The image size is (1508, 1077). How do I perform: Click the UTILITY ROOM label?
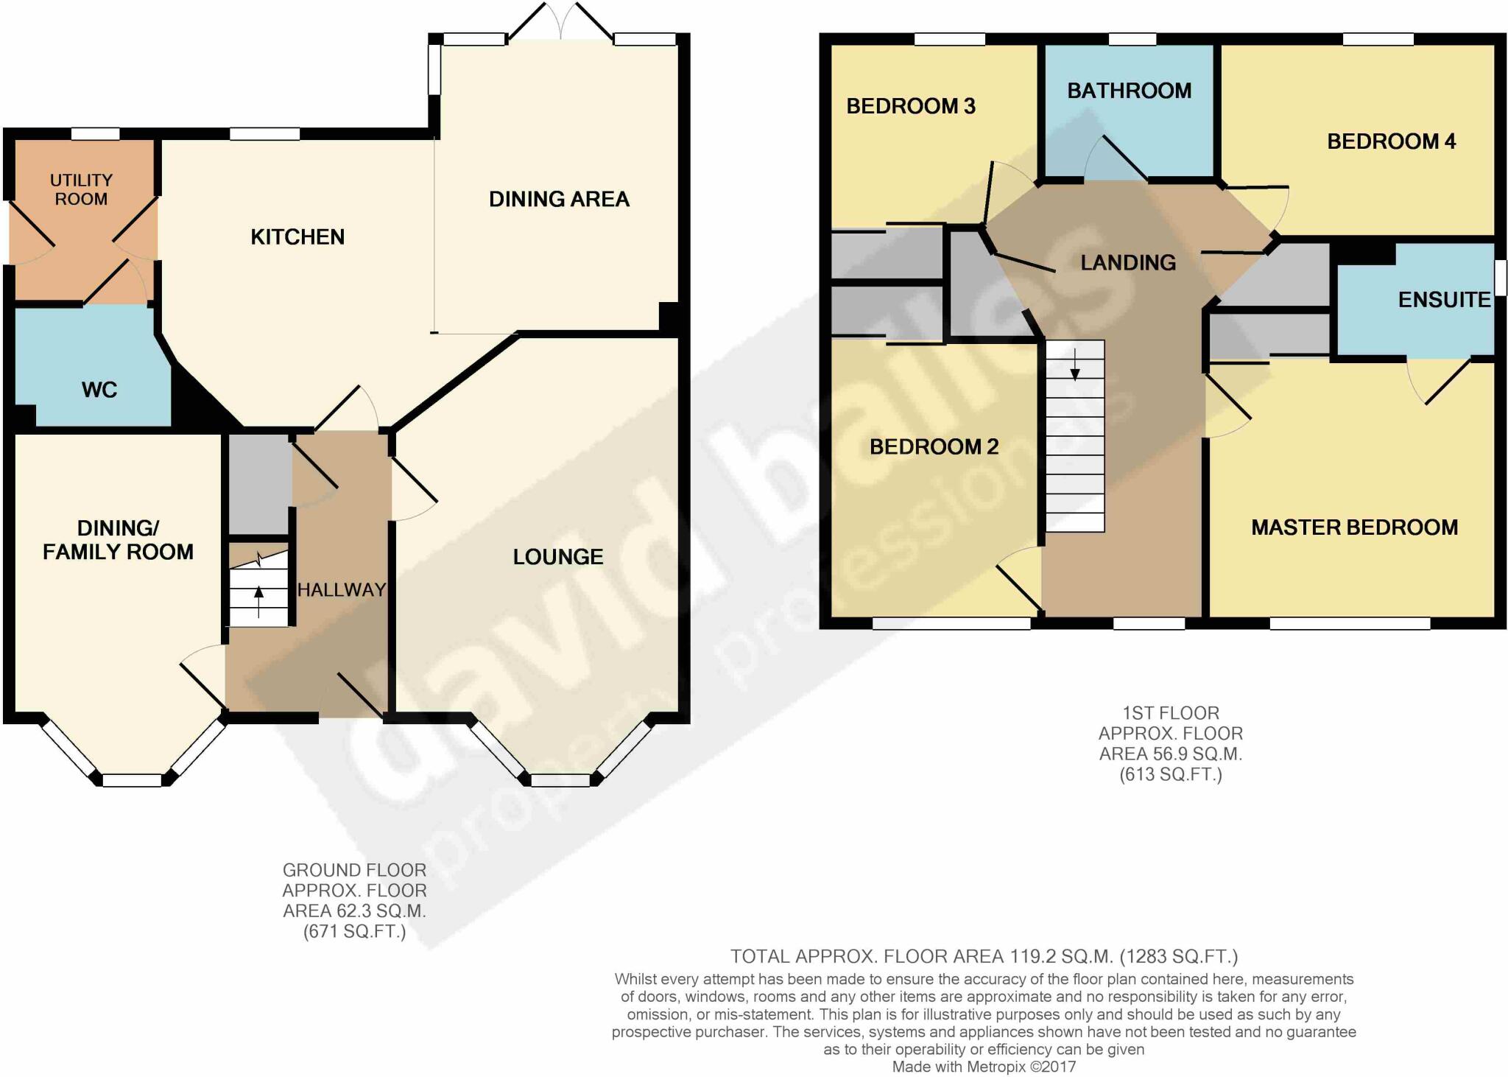pos(81,189)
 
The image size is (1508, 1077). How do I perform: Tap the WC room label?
pos(99,390)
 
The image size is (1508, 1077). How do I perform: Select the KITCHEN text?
pos(297,236)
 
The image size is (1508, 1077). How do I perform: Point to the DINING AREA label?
pos(559,199)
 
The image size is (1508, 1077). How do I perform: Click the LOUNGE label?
pos(558,557)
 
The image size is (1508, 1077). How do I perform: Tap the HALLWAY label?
pos(342,589)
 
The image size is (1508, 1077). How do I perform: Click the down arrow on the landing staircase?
pos(1075,365)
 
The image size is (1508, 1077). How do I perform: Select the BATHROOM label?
pos(1129,91)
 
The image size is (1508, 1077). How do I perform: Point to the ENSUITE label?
pos(1444,300)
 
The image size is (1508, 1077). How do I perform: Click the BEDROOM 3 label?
pos(911,106)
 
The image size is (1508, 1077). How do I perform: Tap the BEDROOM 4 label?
pos(1391,141)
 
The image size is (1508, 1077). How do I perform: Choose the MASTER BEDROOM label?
pos(1354,527)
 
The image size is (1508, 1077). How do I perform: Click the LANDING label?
pos(1127,262)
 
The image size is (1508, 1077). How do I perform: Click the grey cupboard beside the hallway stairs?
pos(258,483)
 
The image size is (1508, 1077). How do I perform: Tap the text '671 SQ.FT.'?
pos(354,932)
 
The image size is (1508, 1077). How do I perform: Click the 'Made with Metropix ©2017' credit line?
pos(984,1067)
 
